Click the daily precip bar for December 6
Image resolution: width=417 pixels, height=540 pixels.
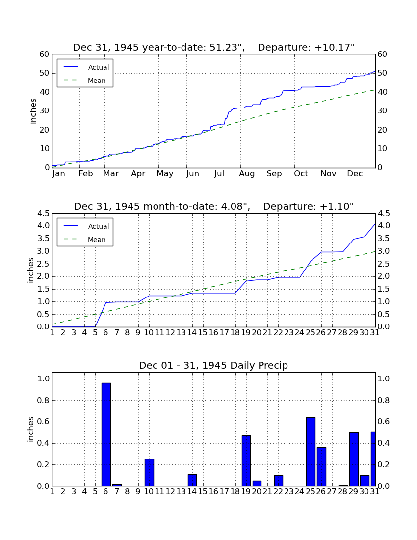pyautogui.click(x=106, y=434)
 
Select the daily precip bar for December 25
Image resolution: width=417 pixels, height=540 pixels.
pyautogui.click(x=311, y=452)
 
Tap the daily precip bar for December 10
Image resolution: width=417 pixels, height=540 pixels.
pyautogui.click(x=149, y=472)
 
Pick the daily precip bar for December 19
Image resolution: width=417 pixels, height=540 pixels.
pyautogui.click(x=246, y=461)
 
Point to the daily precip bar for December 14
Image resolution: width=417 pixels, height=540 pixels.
pyautogui.click(x=192, y=480)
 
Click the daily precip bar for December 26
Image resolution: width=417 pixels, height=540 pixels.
pyautogui.click(x=321, y=467)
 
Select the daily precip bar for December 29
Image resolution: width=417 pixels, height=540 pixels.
pyautogui.click(x=354, y=459)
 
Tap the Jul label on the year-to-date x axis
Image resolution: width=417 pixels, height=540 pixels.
pyautogui.click(x=219, y=174)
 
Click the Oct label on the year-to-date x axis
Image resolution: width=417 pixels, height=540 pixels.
pyautogui.click(x=301, y=174)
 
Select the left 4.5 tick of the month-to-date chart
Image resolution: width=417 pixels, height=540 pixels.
pyautogui.click(x=44, y=213)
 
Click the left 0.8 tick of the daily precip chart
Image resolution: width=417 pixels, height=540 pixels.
pyautogui.click(x=44, y=400)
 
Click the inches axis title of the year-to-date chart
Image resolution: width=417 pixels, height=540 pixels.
pyautogui.click(x=33, y=111)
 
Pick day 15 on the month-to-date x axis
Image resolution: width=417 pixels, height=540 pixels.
pyautogui.click(x=203, y=333)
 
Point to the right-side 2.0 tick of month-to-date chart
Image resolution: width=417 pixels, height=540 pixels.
pyautogui.click(x=384, y=276)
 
